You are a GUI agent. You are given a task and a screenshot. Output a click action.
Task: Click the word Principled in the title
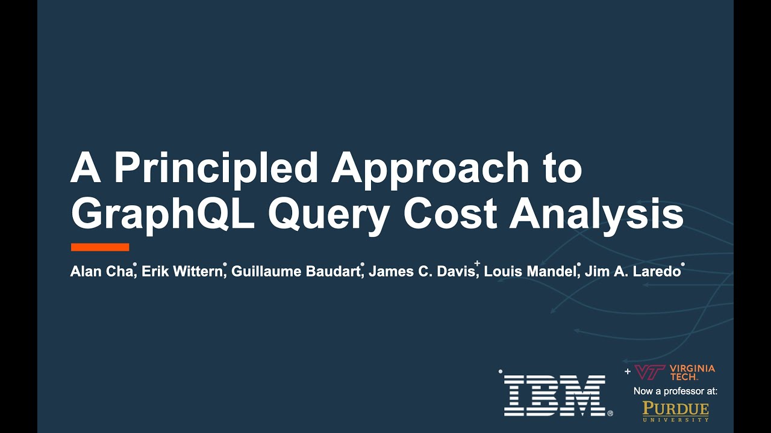pyautogui.click(x=216, y=168)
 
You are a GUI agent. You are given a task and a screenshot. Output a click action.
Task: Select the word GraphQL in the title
pyautogui.click(x=163, y=214)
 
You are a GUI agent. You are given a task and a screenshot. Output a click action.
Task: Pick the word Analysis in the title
pyautogui.click(x=596, y=213)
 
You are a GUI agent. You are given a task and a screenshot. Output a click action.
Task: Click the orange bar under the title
pyautogui.click(x=100, y=247)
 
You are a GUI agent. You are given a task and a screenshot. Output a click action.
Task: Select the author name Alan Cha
pyautogui.click(x=101, y=271)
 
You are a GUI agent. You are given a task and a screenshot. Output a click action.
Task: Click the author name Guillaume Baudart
pyautogui.click(x=296, y=271)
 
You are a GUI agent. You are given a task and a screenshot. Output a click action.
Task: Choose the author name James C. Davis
pyautogui.click(x=422, y=271)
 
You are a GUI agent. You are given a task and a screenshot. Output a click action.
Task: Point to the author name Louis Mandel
pyautogui.click(x=530, y=271)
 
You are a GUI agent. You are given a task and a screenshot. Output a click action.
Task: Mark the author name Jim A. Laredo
pyautogui.click(x=632, y=271)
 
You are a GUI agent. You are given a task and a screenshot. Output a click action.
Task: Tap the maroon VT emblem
pyautogui.click(x=649, y=372)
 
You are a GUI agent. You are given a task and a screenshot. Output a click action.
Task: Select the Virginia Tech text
pyautogui.click(x=692, y=372)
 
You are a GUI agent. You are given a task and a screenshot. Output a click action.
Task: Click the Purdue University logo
pyautogui.click(x=675, y=411)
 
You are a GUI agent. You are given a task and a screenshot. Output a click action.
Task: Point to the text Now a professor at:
pyautogui.click(x=675, y=391)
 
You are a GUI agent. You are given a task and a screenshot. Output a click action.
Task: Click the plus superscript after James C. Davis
pyautogui.click(x=477, y=263)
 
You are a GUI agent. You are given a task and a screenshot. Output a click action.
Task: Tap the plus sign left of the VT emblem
pyautogui.click(x=628, y=372)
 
